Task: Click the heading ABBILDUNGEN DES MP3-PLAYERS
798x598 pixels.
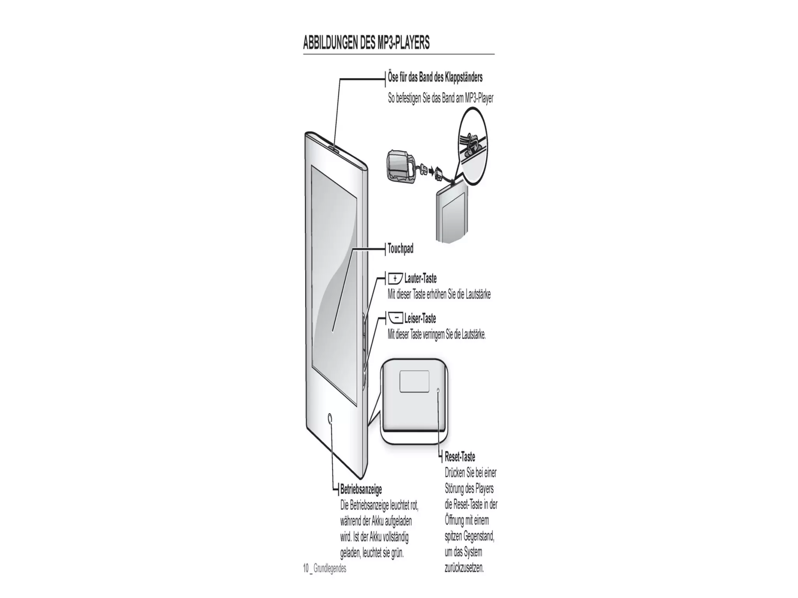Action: pos(366,43)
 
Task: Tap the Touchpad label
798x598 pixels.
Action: pos(400,248)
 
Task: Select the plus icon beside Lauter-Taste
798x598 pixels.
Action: pos(395,279)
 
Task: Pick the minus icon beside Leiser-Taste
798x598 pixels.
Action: pos(396,319)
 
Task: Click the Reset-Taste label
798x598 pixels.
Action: pos(460,457)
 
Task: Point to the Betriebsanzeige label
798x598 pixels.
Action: pos(361,489)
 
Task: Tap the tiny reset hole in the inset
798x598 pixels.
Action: pos(438,390)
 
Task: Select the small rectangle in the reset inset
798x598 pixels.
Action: pos(414,381)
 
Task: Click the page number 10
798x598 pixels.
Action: pos(306,568)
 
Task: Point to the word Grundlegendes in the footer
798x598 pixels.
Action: pos(330,568)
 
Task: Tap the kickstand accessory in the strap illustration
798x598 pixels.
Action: pos(399,166)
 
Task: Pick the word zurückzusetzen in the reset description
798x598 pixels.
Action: pos(464,568)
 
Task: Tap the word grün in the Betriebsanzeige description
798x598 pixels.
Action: pos(397,553)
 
